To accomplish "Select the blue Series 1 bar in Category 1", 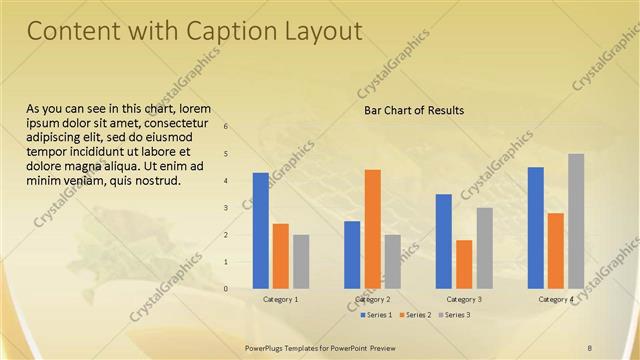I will point(261,230).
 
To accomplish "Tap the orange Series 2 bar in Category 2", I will point(372,228).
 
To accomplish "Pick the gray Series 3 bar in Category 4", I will point(576,220).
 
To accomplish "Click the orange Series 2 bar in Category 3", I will point(464,264).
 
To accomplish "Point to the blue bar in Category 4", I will point(536,227).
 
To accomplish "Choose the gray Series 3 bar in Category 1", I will point(301,261).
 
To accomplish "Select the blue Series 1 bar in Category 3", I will point(444,241).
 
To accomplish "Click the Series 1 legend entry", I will point(376,315).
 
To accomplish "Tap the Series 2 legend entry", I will point(414,315).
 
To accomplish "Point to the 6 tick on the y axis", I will point(226,127).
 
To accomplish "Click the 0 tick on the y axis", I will point(226,289).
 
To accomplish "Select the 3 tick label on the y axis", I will point(226,208).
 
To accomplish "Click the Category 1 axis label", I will point(280,299).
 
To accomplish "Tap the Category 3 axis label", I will point(464,299).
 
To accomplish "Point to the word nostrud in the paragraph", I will point(154,181).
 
